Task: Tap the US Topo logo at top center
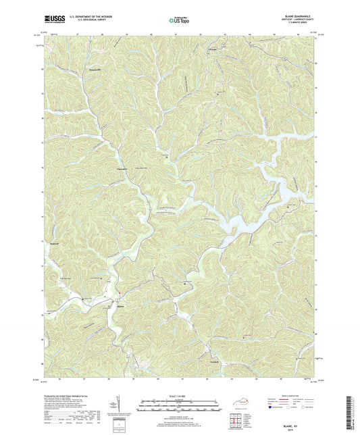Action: coord(179,20)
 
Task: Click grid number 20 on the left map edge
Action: coord(43,68)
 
